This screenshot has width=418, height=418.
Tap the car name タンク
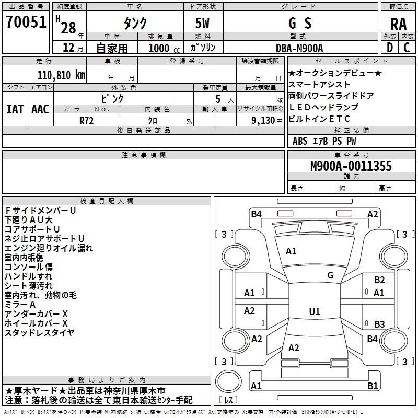coord(134,23)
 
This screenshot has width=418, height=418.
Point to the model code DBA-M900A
coord(299,48)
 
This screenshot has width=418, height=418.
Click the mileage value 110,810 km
coord(61,75)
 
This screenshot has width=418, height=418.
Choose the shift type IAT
coord(15,109)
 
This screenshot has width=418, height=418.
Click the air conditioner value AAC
coord(40,109)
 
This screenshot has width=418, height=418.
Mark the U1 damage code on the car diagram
coord(314,312)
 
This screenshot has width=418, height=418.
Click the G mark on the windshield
coord(330,275)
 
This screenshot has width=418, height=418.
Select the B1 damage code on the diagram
coord(373,386)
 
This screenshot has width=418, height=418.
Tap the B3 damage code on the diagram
coord(379,324)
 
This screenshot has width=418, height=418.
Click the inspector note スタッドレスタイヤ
coord(39,332)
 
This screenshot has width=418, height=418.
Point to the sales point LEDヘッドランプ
coord(323,107)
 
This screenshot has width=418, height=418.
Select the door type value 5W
coord(203,24)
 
